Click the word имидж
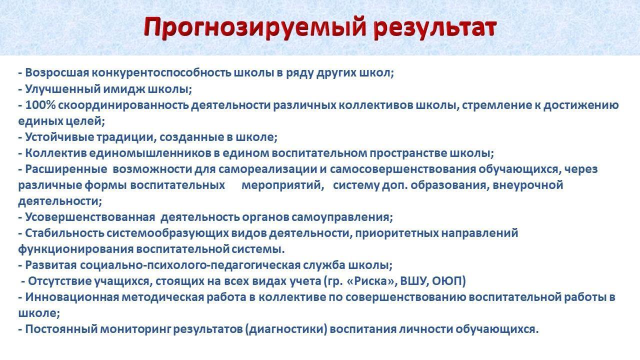[124, 89]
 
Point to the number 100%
[40, 105]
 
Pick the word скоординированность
[123, 105]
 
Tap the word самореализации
[268, 169]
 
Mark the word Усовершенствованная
[90, 217]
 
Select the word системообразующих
[167, 233]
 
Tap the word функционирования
[75, 249]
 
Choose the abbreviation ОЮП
[448, 281]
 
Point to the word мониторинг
[135, 329]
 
